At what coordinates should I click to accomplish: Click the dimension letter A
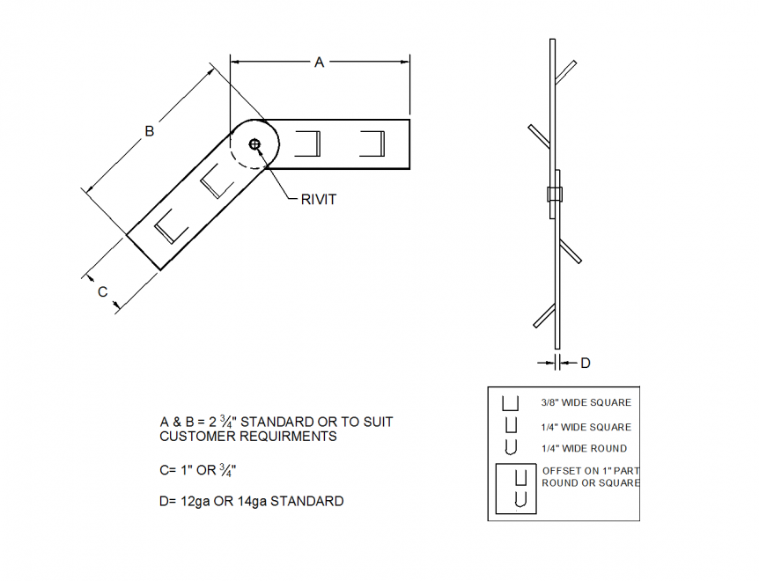point(320,62)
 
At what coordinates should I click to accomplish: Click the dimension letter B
point(150,131)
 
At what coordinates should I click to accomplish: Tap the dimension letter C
point(102,291)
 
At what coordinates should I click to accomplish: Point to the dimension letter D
point(585,362)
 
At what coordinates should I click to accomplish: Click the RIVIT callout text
point(319,200)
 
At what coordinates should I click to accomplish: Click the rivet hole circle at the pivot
point(254,144)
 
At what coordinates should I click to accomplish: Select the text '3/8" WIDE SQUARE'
point(586,403)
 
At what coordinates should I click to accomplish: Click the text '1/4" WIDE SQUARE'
point(586,427)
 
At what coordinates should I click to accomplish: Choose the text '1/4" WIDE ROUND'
point(584,448)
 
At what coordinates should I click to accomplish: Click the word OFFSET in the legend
point(560,469)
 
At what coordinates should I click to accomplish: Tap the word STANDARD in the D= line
point(306,502)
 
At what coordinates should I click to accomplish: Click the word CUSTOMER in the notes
point(190,437)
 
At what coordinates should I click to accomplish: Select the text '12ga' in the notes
point(195,502)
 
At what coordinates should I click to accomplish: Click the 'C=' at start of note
point(168,470)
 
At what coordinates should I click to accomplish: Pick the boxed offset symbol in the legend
point(515,489)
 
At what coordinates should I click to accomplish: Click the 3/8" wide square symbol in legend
point(510,404)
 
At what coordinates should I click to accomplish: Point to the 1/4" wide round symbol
point(511,447)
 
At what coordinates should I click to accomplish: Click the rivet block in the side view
point(555,195)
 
